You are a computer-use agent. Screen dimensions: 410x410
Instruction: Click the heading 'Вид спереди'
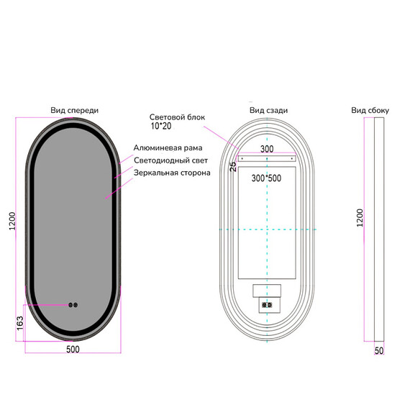[75, 111]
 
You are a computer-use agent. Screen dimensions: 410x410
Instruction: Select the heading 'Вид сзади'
[268, 110]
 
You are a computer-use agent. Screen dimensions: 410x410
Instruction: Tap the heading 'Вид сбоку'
[370, 110]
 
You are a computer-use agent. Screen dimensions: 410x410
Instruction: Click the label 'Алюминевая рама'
[168, 148]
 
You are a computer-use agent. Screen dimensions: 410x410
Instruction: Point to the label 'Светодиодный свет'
[170, 160]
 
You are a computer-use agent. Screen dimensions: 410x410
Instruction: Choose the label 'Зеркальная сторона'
[172, 173]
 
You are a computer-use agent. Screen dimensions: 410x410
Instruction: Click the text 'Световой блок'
[177, 117]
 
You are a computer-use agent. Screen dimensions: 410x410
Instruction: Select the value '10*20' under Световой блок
[161, 126]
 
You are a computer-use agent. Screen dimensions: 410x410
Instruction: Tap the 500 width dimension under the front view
[73, 350]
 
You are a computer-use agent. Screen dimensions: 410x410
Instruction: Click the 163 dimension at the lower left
[20, 324]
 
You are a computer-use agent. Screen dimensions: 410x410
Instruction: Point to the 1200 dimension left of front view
[12, 222]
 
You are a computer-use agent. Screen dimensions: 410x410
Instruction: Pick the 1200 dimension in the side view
[360, 218]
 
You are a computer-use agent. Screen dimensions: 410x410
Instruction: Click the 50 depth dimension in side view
[379, 350]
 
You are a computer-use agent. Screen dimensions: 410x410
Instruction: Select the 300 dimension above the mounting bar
[267, 149]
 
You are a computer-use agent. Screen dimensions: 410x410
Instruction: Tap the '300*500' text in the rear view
[266, 178]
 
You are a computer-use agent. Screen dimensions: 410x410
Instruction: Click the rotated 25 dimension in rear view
[233, 167]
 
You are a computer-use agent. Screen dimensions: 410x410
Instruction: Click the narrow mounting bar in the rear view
[267, 159]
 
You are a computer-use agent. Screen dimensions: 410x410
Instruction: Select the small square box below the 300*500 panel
[267, 291]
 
